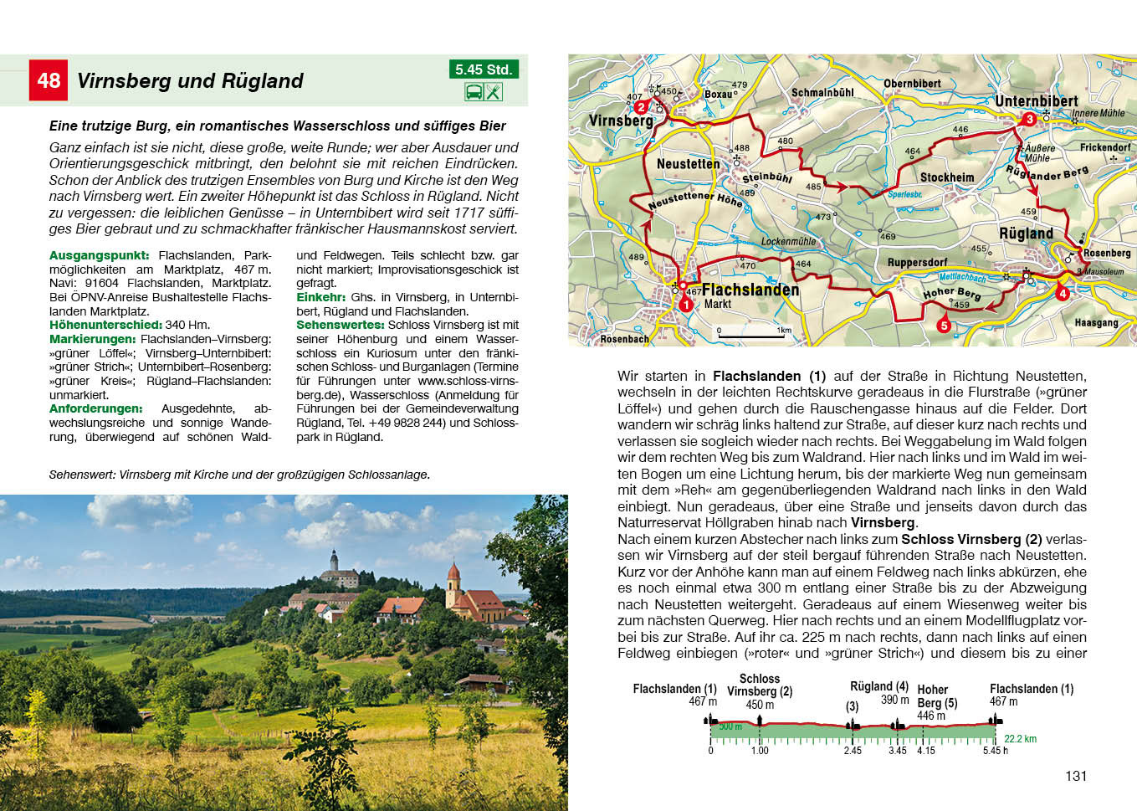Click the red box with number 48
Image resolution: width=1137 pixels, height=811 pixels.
(49, 80)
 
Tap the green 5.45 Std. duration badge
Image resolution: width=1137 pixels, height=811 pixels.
(484, 69)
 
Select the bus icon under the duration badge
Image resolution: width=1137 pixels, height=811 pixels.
(474, 92)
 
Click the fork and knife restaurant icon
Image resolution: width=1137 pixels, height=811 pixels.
(494, 92)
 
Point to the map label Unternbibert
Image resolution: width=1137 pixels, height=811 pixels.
(1036, 101)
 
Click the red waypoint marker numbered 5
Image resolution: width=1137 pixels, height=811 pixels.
(944, 326)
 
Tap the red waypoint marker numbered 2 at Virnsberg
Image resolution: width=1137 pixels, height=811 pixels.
(641, 107)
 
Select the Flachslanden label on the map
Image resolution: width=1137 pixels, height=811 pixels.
(750, 290)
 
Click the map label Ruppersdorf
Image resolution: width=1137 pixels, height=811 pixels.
(917, 263)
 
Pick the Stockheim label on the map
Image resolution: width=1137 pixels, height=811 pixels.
(947, 177)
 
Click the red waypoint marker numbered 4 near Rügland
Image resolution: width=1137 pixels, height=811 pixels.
(1063, 294)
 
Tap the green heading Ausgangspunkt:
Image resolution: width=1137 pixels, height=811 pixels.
(99, 255)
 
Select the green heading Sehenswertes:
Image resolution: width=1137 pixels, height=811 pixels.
(340, 325)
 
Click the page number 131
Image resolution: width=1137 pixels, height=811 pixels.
(1076, 776)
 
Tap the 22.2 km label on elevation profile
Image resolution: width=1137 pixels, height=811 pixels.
(1020, 739)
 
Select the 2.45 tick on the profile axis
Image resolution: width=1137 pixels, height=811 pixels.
(853, 751)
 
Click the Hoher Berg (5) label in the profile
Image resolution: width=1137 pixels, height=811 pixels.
(936, 702)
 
